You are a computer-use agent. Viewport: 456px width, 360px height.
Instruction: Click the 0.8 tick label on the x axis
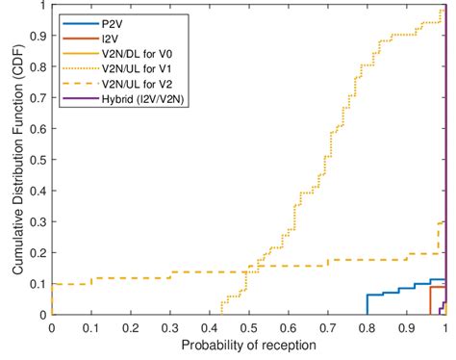pos(367,328)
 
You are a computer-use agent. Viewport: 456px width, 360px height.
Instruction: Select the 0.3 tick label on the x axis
pos(169,328)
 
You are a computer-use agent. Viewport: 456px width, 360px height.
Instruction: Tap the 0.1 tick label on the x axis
pos(90,328)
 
